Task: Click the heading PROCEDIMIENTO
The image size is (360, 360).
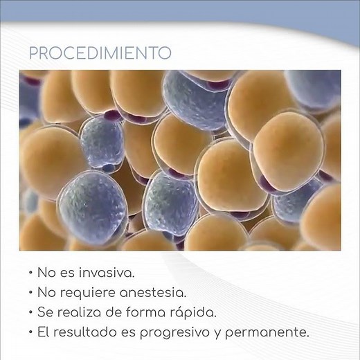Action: [x=100, y=53]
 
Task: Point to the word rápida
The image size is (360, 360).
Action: [x=195, y=313]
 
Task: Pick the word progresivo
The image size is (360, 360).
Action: [x=188, y=333]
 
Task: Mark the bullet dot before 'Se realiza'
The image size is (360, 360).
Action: [x=33, y=314]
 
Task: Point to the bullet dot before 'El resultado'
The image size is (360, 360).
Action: [x=33, y=334]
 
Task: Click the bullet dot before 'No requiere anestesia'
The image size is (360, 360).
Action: [x=33, y=294]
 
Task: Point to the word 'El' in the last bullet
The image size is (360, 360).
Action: [x=45, y=333]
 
